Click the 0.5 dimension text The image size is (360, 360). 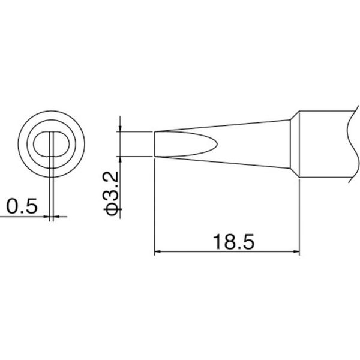click(22, 206)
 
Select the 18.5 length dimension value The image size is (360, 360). click(234, 242)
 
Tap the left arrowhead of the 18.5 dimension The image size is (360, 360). click(157, 251)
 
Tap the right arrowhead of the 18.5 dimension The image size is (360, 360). click(296, 251)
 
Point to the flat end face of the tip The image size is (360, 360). click(155, 144)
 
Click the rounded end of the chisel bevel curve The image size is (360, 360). click(216, 144)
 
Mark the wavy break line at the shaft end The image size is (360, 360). click(353, 144)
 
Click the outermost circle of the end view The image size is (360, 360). click(18, 144)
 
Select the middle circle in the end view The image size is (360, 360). click(27, 144)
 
